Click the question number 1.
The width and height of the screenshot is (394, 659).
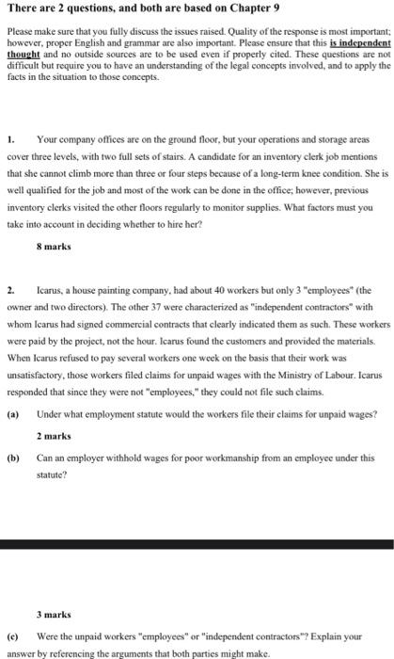click(9, 138)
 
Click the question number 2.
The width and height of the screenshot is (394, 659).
click(9, 292)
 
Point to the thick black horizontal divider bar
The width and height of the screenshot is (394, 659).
click(197, 544)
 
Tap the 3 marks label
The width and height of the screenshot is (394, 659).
click(54, 613)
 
